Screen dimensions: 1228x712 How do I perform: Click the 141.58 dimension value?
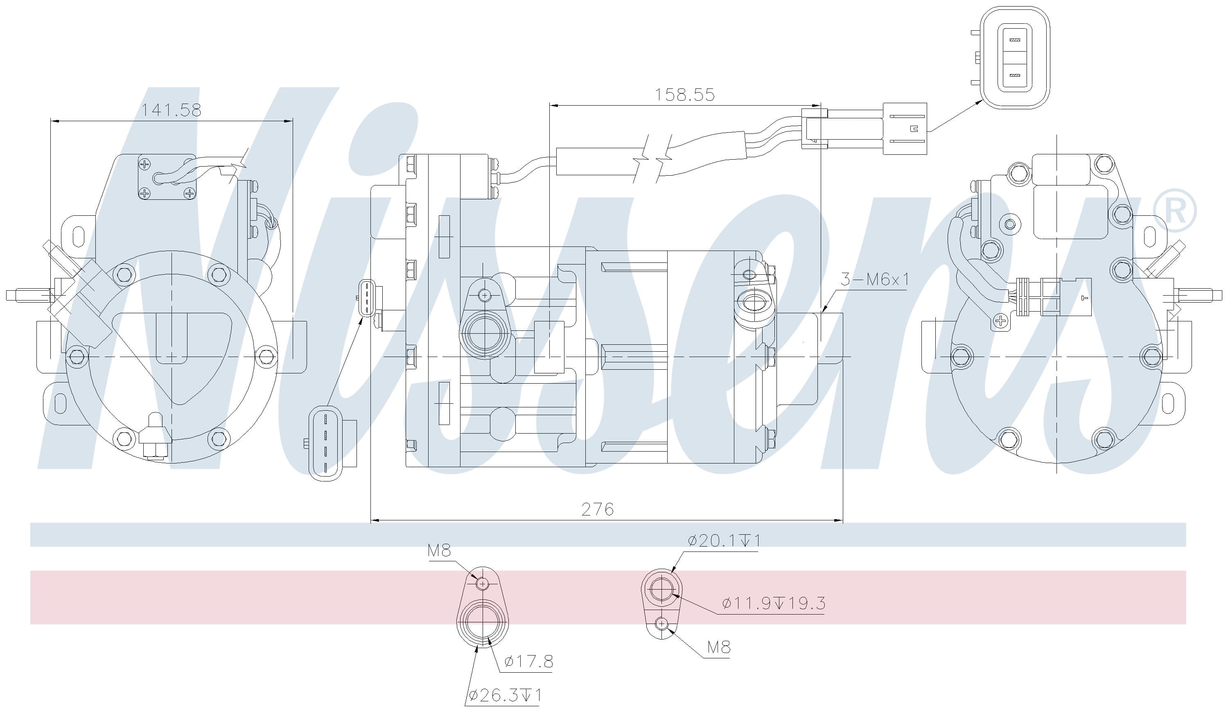[x=171, y=110]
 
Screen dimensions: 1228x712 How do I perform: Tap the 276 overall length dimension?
[x=598, y=509]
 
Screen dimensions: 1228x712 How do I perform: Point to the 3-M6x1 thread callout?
[x=875, y=279]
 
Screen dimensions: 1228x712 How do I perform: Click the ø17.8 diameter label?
[x=529, y=661]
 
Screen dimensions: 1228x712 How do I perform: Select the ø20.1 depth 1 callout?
[x=724, y=540]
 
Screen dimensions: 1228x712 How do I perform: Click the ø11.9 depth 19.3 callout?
[x=774, y=604]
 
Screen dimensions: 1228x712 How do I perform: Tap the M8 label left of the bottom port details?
[x=439, y=551]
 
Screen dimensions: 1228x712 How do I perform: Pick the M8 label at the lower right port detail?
[x=719, y=647]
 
